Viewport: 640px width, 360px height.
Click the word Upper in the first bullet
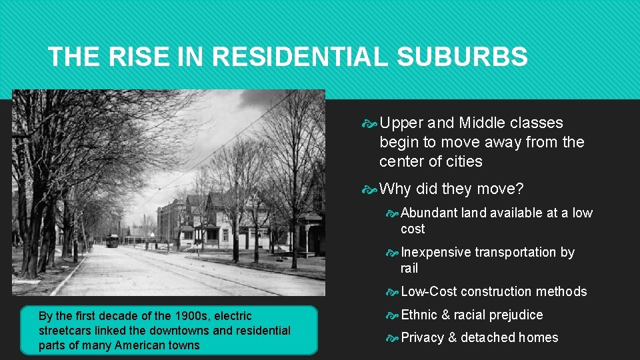click(401, 123)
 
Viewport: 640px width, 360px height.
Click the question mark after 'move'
click(519, 189)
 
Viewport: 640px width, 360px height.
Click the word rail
click(409, 268)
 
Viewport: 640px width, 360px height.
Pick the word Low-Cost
click(429, 291)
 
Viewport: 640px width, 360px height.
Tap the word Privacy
click(423, 337)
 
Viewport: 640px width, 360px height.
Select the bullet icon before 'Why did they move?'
click(370, 190)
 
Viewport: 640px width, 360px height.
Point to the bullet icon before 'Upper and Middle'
click(370, 123)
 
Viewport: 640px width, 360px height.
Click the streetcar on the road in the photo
click(112, 240)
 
